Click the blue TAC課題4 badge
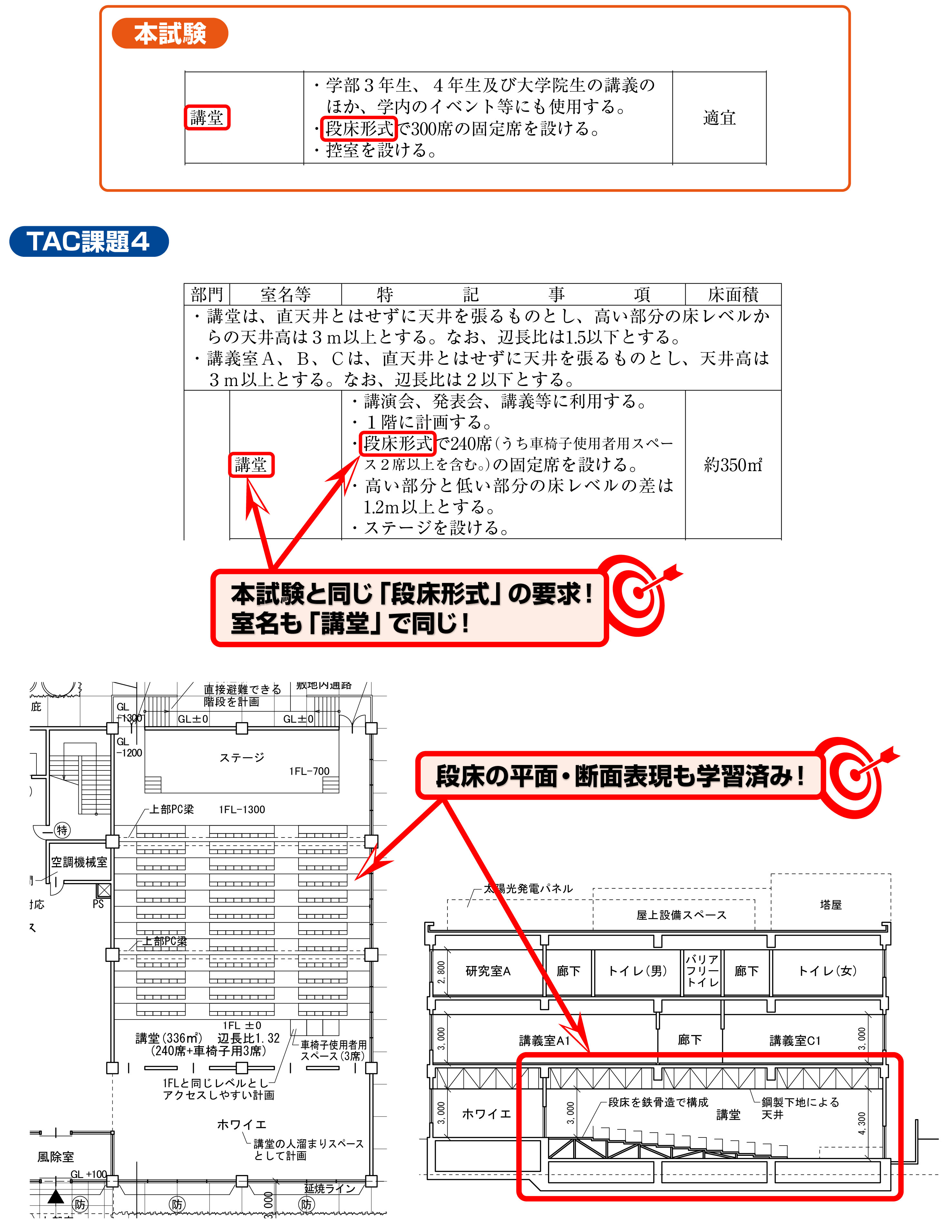pos(88,241)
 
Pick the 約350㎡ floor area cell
pos(733,465)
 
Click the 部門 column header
pos(207,294)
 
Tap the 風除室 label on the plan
pos(56,1156)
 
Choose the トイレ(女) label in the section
pos(827,971)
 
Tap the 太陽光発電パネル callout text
pos(529,888)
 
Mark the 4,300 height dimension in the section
pos(862,1123)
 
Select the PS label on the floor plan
pos(99,904)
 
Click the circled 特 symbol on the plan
pos(62,830)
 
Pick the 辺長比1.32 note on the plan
pos(248,1038)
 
